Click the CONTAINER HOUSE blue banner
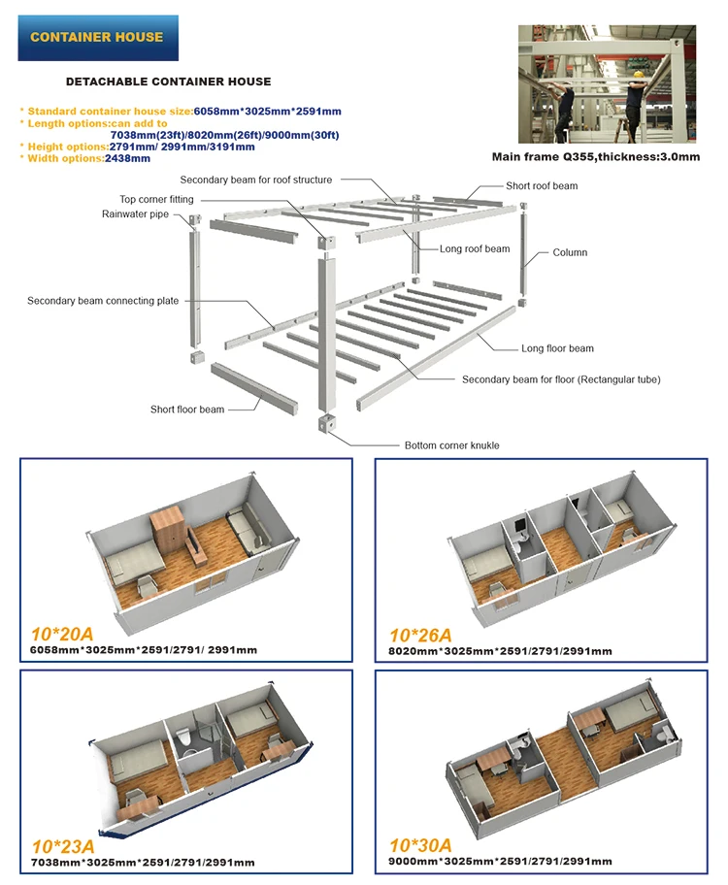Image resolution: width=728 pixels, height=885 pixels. coord(96,38)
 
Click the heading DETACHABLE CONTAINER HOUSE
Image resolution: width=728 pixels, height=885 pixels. coord(168,82)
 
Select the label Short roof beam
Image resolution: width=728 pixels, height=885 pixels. coord(542,185)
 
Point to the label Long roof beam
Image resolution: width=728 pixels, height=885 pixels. coord(474,249)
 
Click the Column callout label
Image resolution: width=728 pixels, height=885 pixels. coord(570,252)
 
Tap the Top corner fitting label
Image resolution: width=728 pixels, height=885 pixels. coord(155,199)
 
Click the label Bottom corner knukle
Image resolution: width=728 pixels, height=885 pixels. coord(451,445)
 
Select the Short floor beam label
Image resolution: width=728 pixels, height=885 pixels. coord(186,410)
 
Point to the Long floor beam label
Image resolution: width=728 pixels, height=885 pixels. coord(557,348)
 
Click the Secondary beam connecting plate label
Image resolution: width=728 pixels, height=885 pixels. coord(103,301)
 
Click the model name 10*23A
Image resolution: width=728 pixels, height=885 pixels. coord(62,846)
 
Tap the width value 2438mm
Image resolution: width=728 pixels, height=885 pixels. coord(127,158)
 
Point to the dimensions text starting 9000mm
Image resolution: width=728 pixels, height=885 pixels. coord(501,862)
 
